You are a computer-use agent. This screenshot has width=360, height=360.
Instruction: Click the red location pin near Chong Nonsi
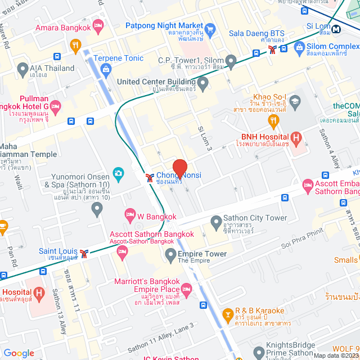tap(179, 168)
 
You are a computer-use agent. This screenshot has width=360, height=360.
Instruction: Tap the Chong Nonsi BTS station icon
tap(150, 178)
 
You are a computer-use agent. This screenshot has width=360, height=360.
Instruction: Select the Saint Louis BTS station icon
tap(84, 253)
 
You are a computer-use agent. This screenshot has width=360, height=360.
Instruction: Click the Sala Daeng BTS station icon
tap(272, 49)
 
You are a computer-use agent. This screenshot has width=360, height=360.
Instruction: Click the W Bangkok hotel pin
tap(130, 214)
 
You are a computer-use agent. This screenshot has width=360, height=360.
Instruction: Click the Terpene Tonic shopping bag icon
tap(106, 70)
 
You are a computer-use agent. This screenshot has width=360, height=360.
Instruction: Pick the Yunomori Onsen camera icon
tap(118, 173)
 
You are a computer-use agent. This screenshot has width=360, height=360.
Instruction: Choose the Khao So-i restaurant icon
tap(273, 119)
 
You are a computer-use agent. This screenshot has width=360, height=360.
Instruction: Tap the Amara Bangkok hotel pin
tap(98, 25)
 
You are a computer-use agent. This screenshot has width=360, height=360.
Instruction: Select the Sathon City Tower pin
tap(215, 220)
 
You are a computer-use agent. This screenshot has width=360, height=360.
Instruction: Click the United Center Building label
tap(156, 82)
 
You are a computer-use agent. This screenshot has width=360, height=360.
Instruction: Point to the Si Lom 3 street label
tap(205, 137)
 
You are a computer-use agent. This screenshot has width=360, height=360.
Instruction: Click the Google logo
tap(19, 353)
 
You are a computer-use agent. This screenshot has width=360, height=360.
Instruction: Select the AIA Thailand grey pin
tap(23, 69)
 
